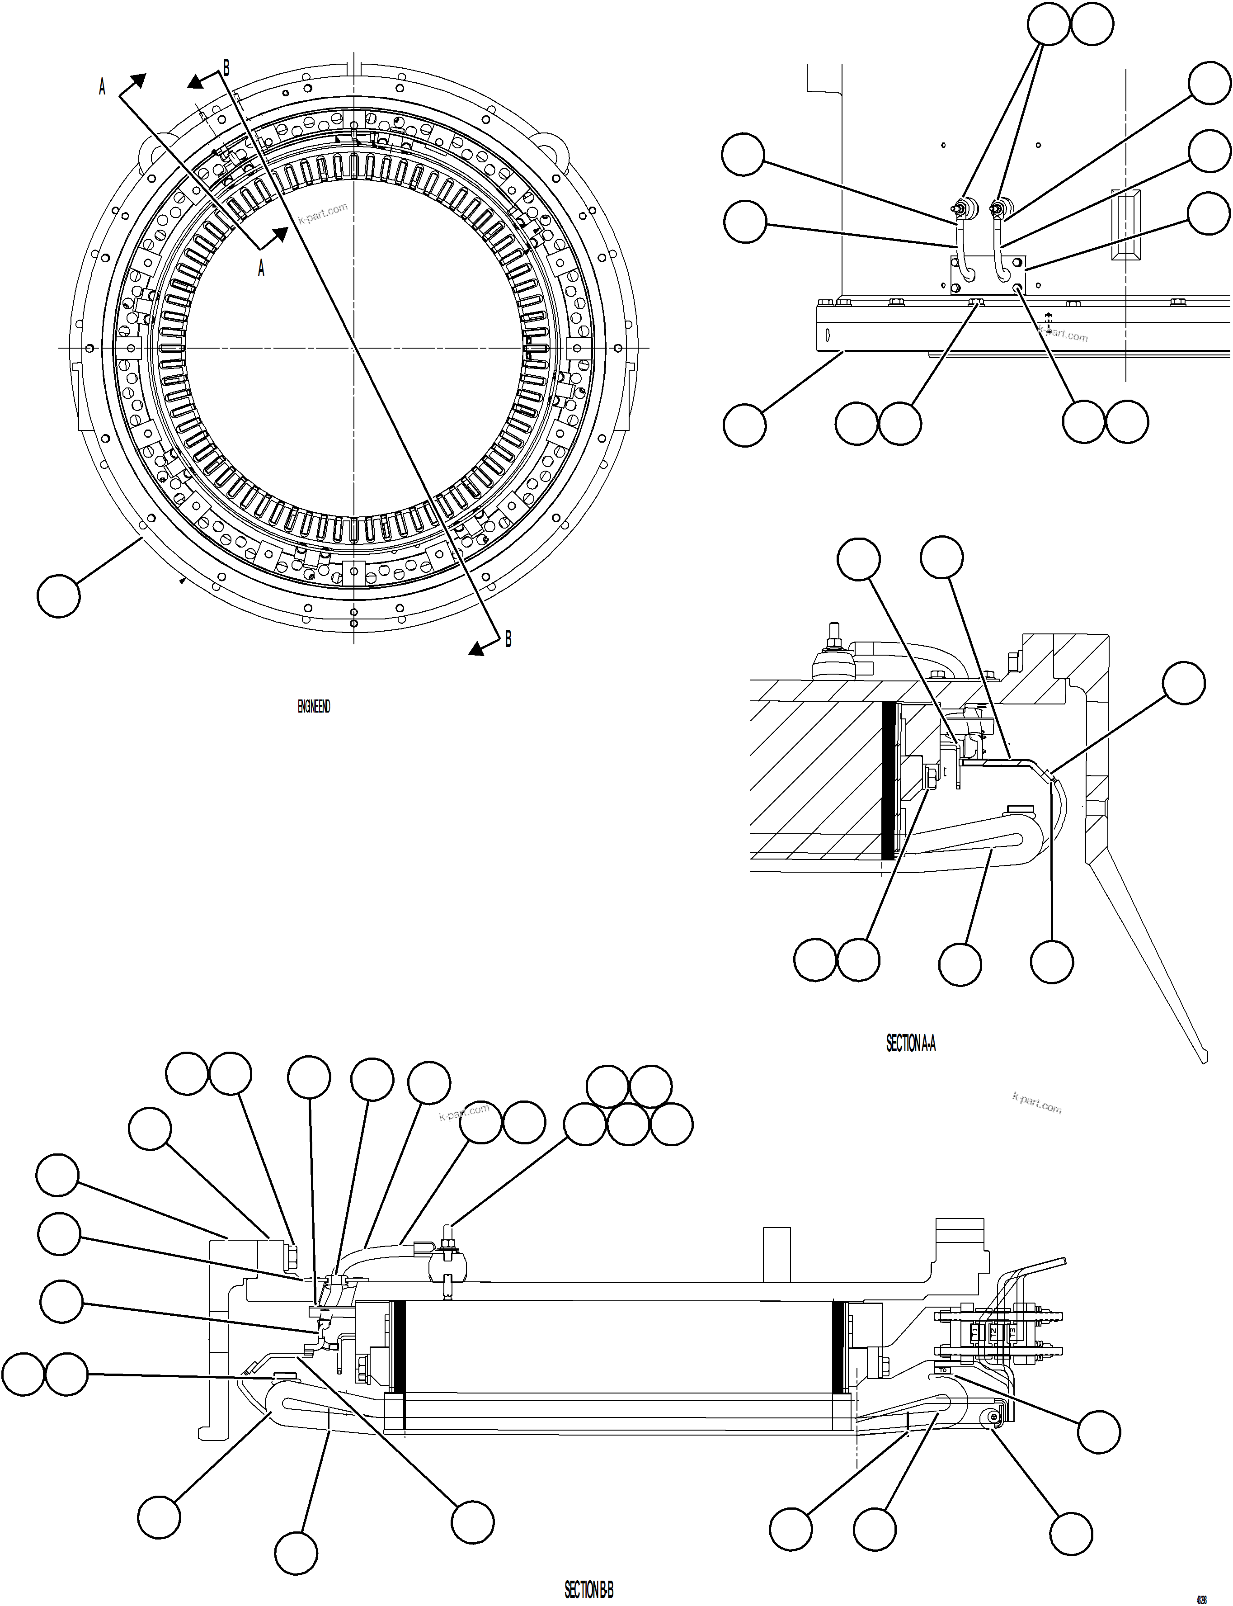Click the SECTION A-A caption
(x=911, y=1043)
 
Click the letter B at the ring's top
(x=226, y=68)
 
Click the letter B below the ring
(x=508, y=639)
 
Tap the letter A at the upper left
(x=102, y=87)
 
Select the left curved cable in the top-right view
(x=963, y=257)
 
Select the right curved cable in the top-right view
(x=1000, y=257)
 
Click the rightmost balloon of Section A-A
(x=1184, y=683)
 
